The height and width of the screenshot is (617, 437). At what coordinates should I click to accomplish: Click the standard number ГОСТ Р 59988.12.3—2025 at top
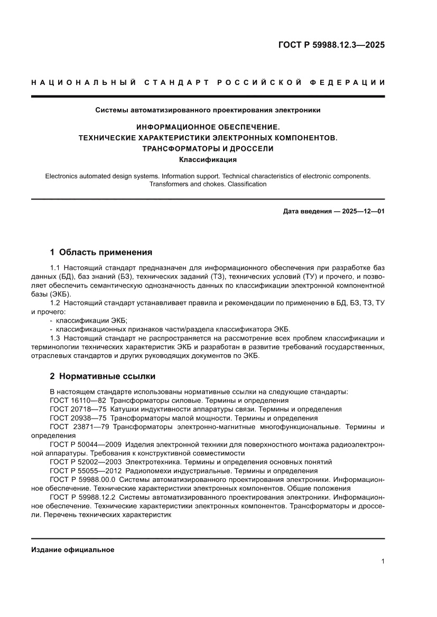[x=331, y=45]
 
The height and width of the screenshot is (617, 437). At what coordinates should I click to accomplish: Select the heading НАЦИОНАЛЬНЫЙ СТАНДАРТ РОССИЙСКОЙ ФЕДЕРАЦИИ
[x=208, y=82]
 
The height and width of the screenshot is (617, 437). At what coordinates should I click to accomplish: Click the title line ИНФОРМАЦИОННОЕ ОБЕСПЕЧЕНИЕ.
[x=208, y=127]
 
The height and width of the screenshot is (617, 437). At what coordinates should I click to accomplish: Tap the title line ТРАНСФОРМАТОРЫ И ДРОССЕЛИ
[x=208, y=148]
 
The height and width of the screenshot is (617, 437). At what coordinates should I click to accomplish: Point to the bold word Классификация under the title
[x=208, y=159]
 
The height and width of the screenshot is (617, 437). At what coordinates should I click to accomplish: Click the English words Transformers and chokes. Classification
[x=208, y=184]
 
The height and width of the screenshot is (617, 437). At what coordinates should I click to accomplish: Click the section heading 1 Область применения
[x=101, y=252]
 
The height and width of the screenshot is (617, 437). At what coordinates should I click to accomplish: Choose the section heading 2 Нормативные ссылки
[x=102, y=376]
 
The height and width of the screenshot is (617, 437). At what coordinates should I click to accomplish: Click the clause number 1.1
[x=55, y=268]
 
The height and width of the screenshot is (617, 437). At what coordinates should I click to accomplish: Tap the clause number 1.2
[x=55, y=303]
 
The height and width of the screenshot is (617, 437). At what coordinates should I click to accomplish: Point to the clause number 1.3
[x=55, y=338]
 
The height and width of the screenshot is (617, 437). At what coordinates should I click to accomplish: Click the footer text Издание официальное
[x=73, y=549]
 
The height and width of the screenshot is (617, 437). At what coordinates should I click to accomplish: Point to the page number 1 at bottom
[x=383, y=562]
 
